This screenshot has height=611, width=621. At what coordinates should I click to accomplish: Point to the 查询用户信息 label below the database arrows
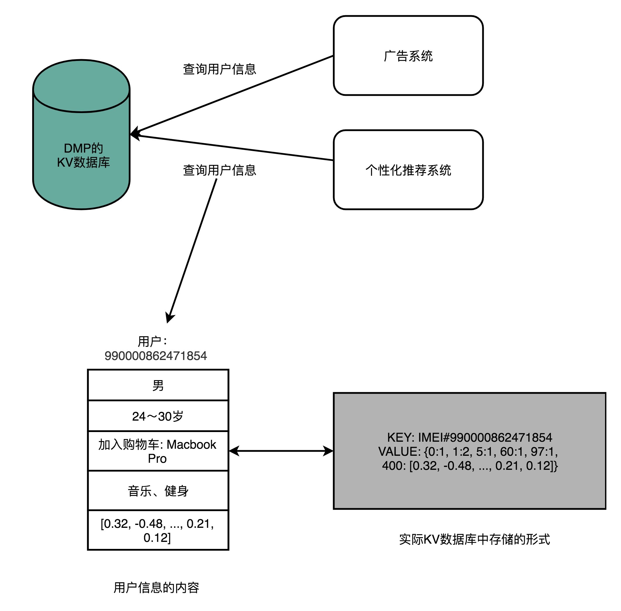[219, 170]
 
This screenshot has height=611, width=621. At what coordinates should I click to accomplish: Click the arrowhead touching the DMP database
[134, 134]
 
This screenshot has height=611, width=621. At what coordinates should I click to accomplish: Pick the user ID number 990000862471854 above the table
[155, 356]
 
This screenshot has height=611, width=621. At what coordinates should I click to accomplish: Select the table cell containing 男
[158, 385]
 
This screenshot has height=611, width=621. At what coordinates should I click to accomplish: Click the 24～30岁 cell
[158, 416]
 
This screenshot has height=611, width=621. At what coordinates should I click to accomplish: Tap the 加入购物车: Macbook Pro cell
[158, 451]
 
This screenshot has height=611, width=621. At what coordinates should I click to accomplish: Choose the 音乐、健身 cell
[158, 491]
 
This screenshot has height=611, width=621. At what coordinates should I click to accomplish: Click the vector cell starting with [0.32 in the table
[158, 530]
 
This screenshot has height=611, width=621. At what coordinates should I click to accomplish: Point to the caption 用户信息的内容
[156, 587]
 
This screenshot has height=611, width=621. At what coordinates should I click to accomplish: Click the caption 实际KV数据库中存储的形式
[474, 539]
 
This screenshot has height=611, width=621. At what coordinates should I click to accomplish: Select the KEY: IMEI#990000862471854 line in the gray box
[469, 437]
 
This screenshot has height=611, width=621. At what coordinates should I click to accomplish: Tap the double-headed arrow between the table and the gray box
[281, 451]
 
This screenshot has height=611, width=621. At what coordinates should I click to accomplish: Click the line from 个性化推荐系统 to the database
[234, 148]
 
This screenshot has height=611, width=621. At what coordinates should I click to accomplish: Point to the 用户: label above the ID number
[152, 341]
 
